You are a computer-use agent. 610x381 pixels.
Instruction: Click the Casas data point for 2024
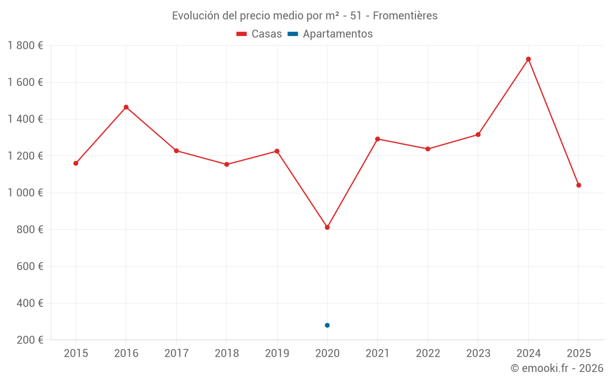tap(528, 59)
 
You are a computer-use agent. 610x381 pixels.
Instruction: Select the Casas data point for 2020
tap(328, 227)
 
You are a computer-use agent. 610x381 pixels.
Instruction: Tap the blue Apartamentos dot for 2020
tap(328, 326)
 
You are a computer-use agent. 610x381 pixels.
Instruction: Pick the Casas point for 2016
tap(126, 107)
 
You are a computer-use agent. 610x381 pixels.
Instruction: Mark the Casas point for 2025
tap(579, 185)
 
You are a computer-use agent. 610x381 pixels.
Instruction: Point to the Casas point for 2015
tap(76, 163)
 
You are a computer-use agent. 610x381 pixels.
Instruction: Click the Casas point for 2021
tap(378, 139)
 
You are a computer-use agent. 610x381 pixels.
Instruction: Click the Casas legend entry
tap(259, 34)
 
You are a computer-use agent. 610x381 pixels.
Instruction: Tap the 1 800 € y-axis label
tap(26, 46)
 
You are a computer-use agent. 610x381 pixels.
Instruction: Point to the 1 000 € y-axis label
tap(26, 193)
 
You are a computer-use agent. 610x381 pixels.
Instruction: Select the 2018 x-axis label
tap(226, 354)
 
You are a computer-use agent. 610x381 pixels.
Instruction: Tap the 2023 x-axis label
tap(478, 354)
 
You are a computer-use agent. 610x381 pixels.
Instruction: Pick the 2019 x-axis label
tap(277, 354)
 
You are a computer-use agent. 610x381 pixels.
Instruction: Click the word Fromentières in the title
tap(409, 16)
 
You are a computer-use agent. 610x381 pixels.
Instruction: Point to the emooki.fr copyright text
tap(557, 368)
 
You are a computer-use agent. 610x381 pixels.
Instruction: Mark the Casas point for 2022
tap(428, 149)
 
